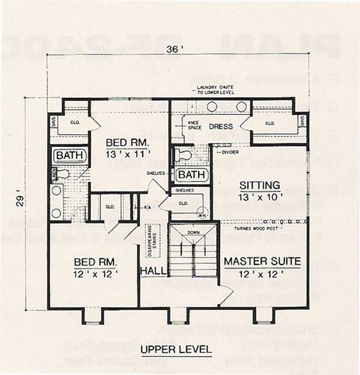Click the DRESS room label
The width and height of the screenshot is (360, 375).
click(221, 127)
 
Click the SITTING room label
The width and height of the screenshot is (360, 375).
click(260, 185)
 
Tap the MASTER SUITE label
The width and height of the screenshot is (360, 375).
click(262, 262)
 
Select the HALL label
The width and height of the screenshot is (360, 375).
click(153, 272)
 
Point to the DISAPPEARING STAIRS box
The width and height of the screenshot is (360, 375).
click(153, 241)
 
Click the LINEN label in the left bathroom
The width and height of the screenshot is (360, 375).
click(53, 175)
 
